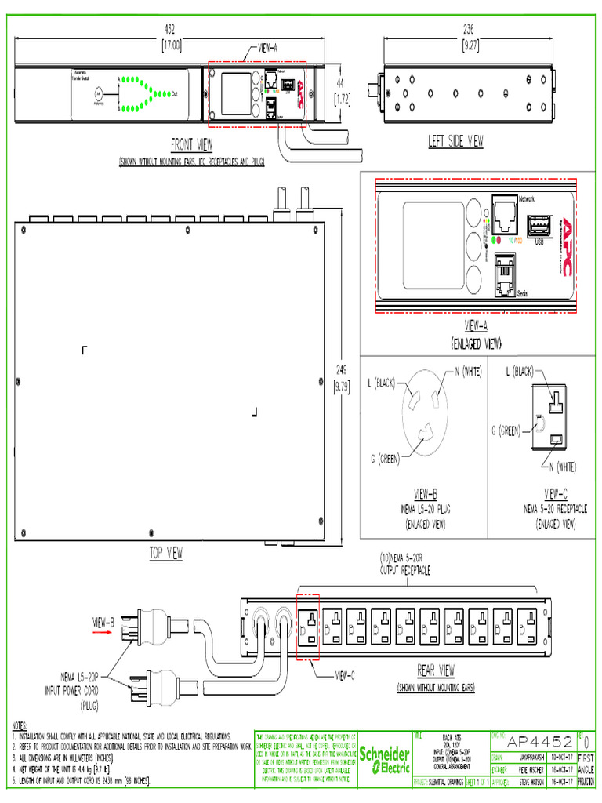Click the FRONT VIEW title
point(191,144)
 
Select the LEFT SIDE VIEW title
point(455,141)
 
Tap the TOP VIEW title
point(165,554)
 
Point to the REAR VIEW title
point(436,670)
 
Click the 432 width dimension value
point(170,29)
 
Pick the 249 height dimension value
point(341,369)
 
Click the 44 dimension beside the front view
point(340,82)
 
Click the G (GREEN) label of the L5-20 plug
point(379,458)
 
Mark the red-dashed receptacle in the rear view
point(309,627)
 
